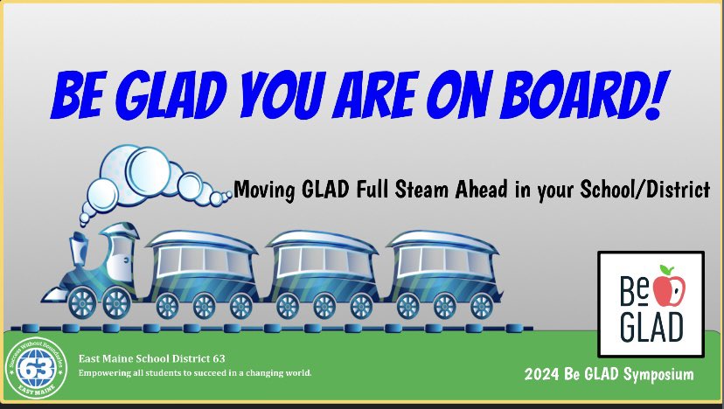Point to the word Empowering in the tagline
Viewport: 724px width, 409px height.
[104, 373]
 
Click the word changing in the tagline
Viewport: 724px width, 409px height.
[266, 373]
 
